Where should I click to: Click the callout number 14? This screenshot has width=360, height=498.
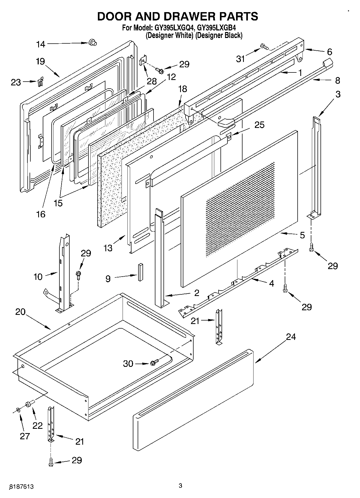(x=41, y=44)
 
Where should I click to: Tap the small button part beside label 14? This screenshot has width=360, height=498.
(x=92, y=43)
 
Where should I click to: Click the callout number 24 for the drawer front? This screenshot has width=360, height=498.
(x=291, y=337)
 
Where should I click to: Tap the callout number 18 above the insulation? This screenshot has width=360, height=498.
(x=183, y=89)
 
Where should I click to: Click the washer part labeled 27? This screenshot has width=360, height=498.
(x=18, y=410)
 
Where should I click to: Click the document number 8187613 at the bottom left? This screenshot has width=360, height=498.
(x=22, y=487)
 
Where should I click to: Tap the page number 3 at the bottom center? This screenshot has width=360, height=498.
(x=180, y=486)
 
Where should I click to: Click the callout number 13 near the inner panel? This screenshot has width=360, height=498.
(x=108, y=248)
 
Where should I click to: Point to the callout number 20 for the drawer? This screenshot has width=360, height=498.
(x=20, y=312)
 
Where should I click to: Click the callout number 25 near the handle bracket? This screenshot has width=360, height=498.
(x=259, y=125)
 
